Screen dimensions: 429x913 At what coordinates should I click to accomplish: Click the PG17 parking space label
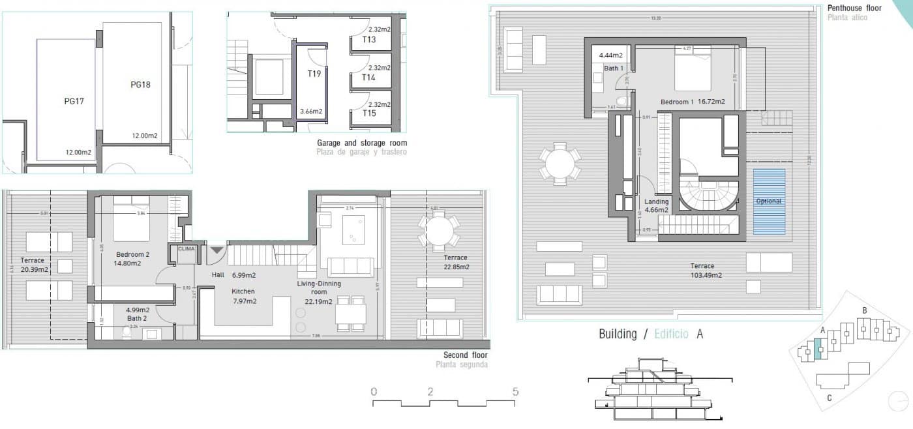(74, 101)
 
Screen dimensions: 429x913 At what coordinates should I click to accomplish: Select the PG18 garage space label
(140, 84)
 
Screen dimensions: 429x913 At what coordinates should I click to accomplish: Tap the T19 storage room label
(314, 74)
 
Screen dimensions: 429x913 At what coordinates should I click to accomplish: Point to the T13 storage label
(369, 39)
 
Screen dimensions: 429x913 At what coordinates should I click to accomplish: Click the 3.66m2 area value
(311, 111)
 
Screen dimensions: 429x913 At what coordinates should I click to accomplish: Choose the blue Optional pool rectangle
(769, 201)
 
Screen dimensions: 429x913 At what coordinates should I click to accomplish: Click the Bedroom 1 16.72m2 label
(693, 102)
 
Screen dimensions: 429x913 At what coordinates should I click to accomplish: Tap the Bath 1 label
(614, 68)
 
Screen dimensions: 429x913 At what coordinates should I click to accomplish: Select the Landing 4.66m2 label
(657, 206)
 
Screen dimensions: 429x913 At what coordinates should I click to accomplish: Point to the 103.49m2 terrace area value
(702, 275)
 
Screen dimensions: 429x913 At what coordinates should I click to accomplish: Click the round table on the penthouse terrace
(560, 164)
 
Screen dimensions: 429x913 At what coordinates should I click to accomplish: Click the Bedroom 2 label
(133, 254)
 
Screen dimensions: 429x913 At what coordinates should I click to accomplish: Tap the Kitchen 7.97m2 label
(244, 296)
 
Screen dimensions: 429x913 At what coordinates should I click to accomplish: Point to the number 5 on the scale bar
(515, 392)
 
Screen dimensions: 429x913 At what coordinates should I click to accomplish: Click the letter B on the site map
(864, 310)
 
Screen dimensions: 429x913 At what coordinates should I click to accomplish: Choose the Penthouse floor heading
(854, 8)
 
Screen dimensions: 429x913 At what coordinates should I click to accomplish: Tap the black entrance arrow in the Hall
(216, 250)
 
